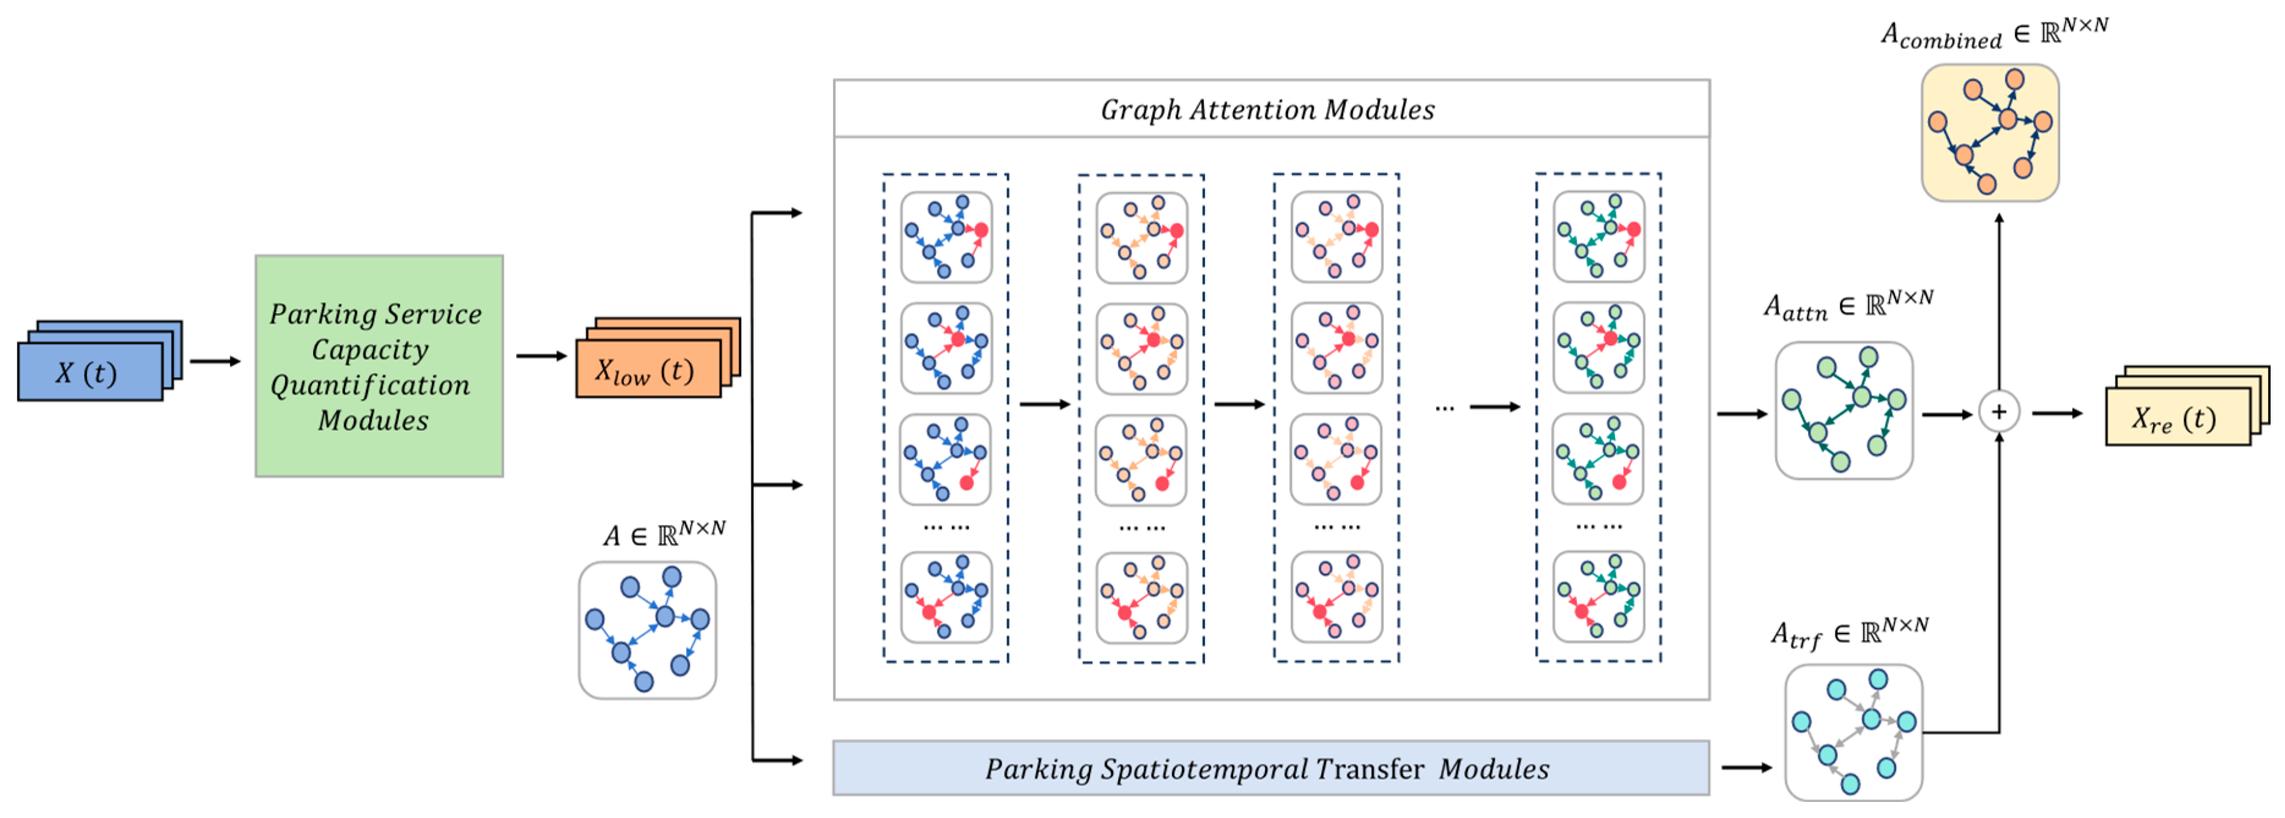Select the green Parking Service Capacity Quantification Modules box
[379, 366]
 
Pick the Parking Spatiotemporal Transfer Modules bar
[1269, 769]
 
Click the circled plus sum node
[1999, 413]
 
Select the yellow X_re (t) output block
[2177, 417]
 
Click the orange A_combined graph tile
[1989, 133]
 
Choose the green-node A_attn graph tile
[1843, 411]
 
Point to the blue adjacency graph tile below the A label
[647, 630]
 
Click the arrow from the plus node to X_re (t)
[2057, 413]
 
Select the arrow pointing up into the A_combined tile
[1999, 301]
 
